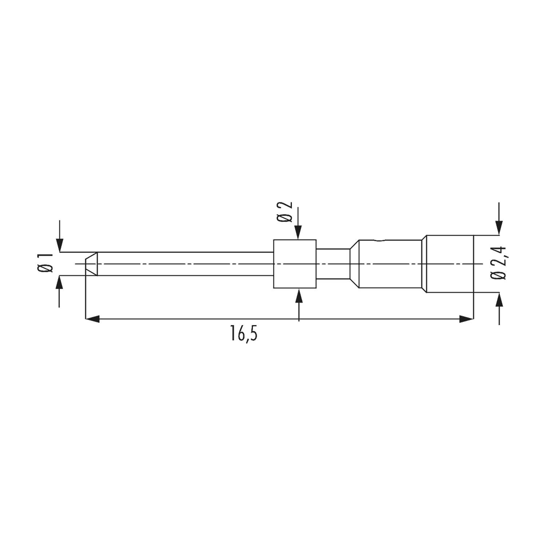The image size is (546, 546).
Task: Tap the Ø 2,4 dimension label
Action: point(498,263)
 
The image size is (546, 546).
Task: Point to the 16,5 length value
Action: point(243,333)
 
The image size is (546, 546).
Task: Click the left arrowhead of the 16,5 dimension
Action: point(92,319)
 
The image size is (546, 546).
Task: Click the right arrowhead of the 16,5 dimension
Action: point(467,319)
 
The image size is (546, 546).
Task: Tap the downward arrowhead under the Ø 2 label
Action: point(298,233)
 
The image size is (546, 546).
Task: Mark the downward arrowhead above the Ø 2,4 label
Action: point(499,228)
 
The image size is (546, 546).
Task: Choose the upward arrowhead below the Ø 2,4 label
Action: point(499,299)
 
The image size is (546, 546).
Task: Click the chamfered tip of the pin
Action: point(91,264)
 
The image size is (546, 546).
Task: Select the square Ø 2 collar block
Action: point(294,264)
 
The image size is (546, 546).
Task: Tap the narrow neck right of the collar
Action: point(333,264)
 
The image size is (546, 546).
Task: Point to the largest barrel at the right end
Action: point(450,264)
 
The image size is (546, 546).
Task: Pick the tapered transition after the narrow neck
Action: point(354,264)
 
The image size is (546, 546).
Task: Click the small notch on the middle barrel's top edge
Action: point(379,240)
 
